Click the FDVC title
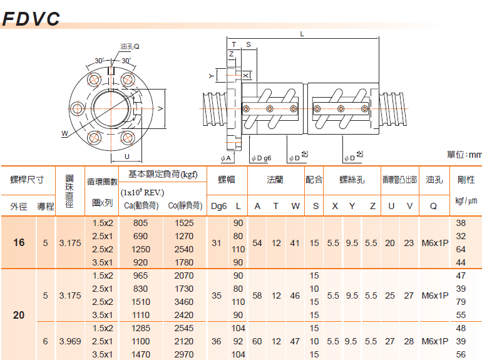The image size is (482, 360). tap(31, 18)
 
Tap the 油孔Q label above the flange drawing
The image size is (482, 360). tap(130, 46)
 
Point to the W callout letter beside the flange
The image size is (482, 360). tap(64, 133)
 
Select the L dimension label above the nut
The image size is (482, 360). tap(302, 34)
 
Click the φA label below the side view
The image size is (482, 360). tap(225, 158)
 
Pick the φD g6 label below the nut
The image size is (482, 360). tap(261, 158)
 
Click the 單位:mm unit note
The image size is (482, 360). tap(464, 154)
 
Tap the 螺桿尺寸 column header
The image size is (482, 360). tap(27, 180)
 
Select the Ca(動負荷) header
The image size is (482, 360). tap(141, 205)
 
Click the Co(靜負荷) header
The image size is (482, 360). tap(185, 205)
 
